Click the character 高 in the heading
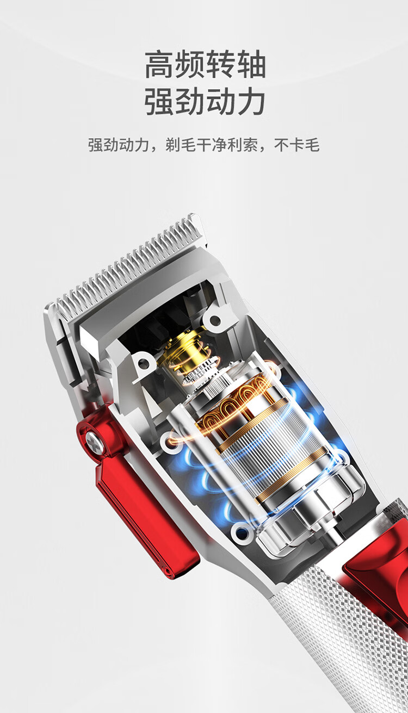coord(160,64)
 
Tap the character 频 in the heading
coord(190,64)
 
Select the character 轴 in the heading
coord(251,64)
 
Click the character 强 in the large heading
coord(160,101)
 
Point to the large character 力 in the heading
coord(251,101)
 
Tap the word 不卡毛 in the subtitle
coord(296,145)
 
